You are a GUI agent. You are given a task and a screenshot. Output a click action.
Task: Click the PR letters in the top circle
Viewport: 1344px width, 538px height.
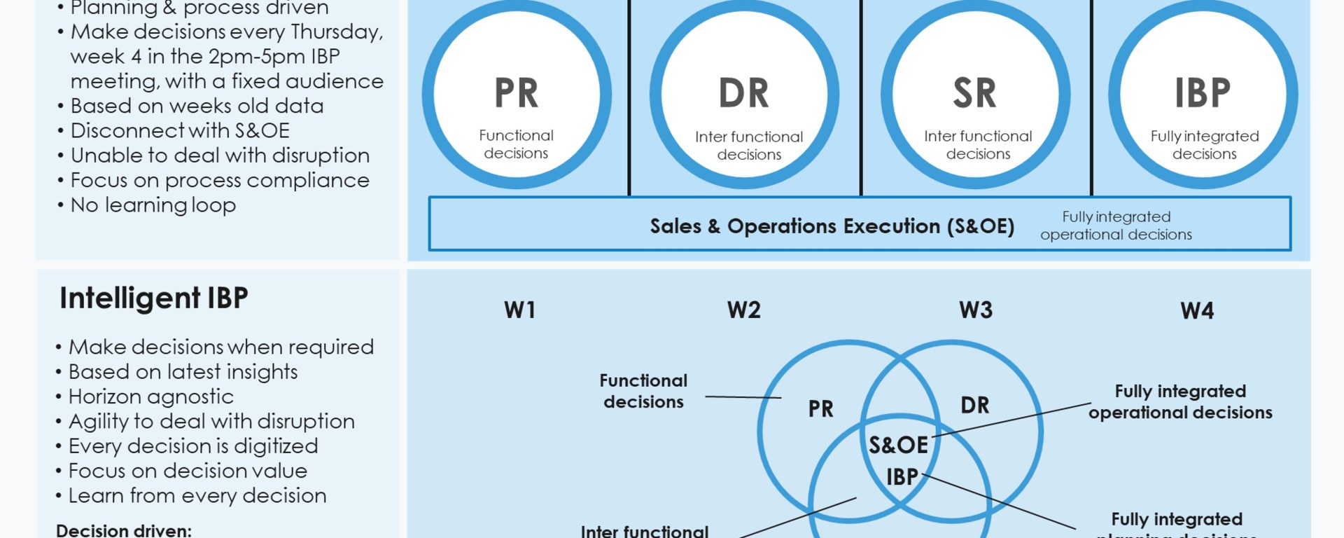(516, 93)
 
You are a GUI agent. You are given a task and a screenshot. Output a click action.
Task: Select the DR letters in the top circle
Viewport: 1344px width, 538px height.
(743, 93)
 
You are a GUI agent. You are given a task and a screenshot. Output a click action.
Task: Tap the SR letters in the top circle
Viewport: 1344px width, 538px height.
(974, 93)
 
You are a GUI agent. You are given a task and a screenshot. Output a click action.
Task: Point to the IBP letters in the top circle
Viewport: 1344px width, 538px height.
(1202, 93)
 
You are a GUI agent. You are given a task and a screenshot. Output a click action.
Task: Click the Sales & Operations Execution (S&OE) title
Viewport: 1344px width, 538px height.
(832, 226)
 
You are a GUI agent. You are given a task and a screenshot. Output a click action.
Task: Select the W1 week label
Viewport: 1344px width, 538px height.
(519, 310)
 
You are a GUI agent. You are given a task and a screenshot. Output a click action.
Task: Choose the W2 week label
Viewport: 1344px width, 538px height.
(743, 310)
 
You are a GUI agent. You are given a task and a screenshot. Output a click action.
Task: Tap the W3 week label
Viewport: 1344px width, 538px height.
(975, 310)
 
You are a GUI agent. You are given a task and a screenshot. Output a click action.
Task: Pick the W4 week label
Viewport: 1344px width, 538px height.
(1197, 310)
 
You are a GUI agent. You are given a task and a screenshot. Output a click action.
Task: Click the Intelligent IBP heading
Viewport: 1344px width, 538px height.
(154, 298)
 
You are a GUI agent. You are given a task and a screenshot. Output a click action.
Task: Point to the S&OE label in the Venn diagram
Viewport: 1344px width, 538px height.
(898, 445)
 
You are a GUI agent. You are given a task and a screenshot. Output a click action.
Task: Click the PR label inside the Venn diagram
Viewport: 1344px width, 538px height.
(820, 408)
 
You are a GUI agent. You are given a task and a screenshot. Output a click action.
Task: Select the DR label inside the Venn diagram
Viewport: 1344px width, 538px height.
(974, 405)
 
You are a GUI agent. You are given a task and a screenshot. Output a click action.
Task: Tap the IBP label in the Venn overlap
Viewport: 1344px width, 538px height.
(902, 477)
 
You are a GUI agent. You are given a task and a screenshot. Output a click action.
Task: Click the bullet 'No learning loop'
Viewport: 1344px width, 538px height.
(153, 205)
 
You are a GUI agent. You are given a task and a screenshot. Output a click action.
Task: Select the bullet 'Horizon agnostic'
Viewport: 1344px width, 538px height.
(151, 396)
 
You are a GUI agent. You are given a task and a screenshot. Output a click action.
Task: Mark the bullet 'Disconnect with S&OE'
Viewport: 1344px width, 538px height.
(180, 131)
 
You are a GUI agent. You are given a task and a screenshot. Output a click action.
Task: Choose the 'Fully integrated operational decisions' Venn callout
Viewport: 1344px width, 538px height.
(1180, 401)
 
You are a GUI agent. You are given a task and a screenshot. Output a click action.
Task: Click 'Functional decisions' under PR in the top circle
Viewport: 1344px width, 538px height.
(516, 144)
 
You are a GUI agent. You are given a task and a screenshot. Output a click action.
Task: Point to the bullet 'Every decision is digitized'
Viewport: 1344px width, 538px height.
(193, 446)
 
